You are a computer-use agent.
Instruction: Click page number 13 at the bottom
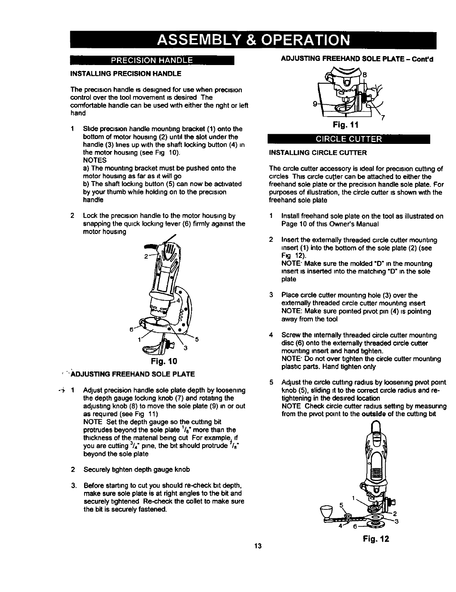click(x=257, y=546)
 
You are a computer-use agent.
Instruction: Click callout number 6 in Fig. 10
click(x=131, y=329)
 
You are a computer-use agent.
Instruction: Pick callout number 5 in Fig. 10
click(x=197, y=339)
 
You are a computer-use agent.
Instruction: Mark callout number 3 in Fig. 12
click(x=397, y=522)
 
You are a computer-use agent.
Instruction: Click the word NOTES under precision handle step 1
click(x=95, y=160)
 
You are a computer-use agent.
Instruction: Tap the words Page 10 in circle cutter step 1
click(x=292, y=224)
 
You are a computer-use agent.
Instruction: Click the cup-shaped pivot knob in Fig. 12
click(x=326, y=510)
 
